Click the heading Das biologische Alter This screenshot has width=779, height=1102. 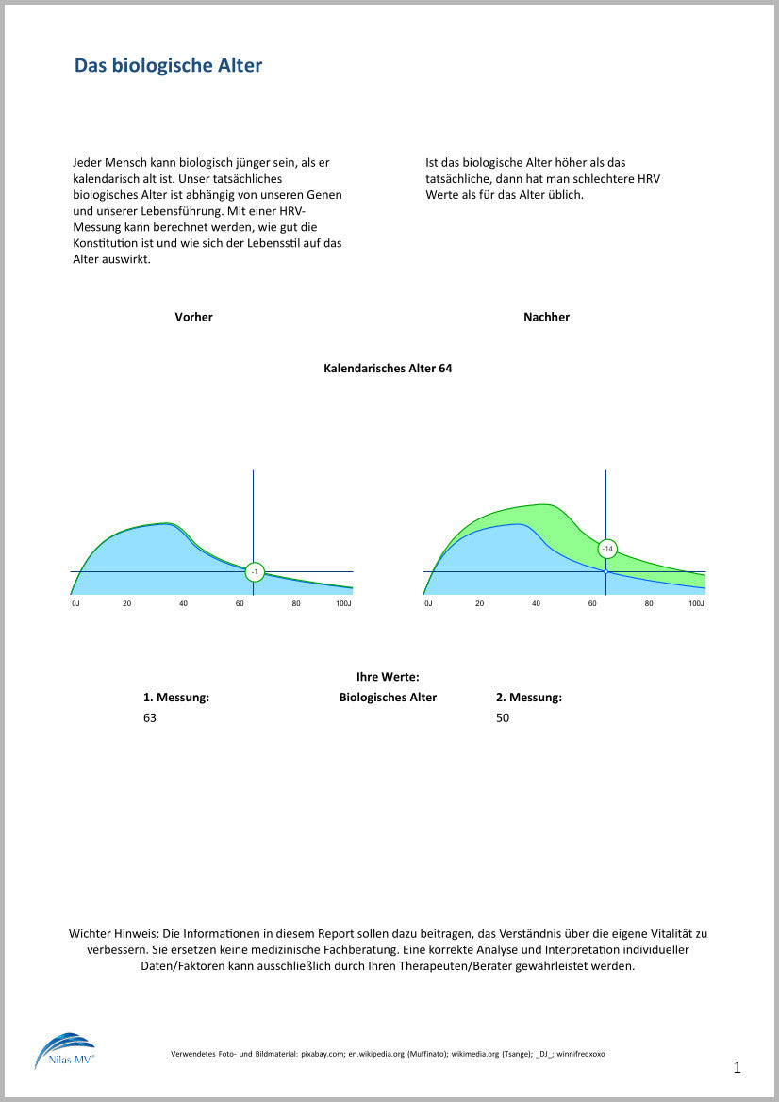tap(168, 65)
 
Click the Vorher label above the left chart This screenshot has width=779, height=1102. tap(193, 317)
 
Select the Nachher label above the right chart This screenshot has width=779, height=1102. tap(546, 317)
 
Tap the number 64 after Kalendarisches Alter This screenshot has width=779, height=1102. tap(445, 369)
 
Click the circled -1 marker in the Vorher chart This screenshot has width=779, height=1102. tap(254, 572)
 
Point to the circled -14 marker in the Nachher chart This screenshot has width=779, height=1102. tap(607, 549)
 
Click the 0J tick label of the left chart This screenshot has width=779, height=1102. tap(75, 603)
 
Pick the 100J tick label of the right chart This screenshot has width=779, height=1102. tap(696, 603)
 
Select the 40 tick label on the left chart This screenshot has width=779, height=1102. tap(183, 603)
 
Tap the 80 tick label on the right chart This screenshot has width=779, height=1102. tap(649, 603)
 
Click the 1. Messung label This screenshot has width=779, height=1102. tap(175, 698)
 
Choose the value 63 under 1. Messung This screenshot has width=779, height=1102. tap(150, 718)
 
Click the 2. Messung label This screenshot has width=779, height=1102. tap(528, 698)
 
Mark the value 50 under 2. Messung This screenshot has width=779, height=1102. tap(503, 718)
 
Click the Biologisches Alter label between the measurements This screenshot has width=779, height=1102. tap(388, 698)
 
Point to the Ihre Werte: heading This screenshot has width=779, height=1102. tap(388, 677)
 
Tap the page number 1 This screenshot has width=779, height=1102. tap(737, 1068)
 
